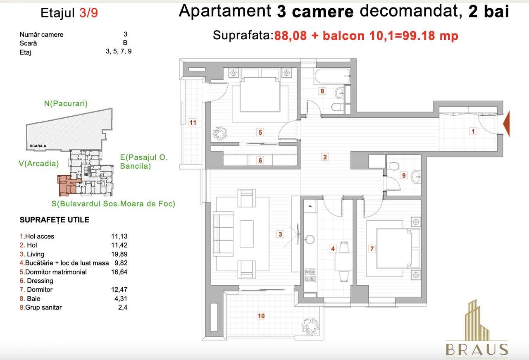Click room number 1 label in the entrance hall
[474, 131]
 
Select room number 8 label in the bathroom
[322, 91]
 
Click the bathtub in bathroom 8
[332, 76]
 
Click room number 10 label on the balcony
[261, 316]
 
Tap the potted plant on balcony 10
[308, 322]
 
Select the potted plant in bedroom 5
[220, 133]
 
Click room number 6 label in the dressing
[260, 160]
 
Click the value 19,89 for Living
[119, 254]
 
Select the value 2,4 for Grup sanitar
[123, 308]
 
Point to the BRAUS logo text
[477, 350]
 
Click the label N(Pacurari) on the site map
[66, 104]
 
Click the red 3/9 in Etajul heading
[88, 14]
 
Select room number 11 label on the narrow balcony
[193, 122]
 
